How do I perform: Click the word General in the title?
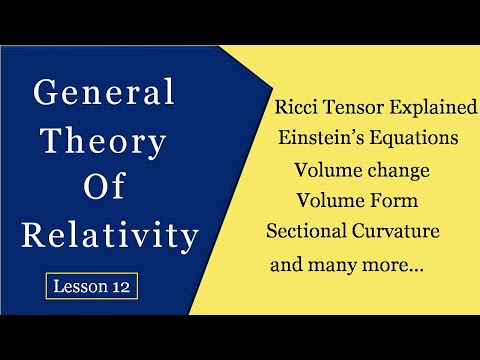click(105, 95)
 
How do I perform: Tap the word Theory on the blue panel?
click(104, 143)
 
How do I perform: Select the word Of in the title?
click(105, 190)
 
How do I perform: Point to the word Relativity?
click(105, 237)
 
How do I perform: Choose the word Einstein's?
click(322, 138)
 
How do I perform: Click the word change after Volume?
click(397, 170)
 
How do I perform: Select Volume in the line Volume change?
click(330, 170)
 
